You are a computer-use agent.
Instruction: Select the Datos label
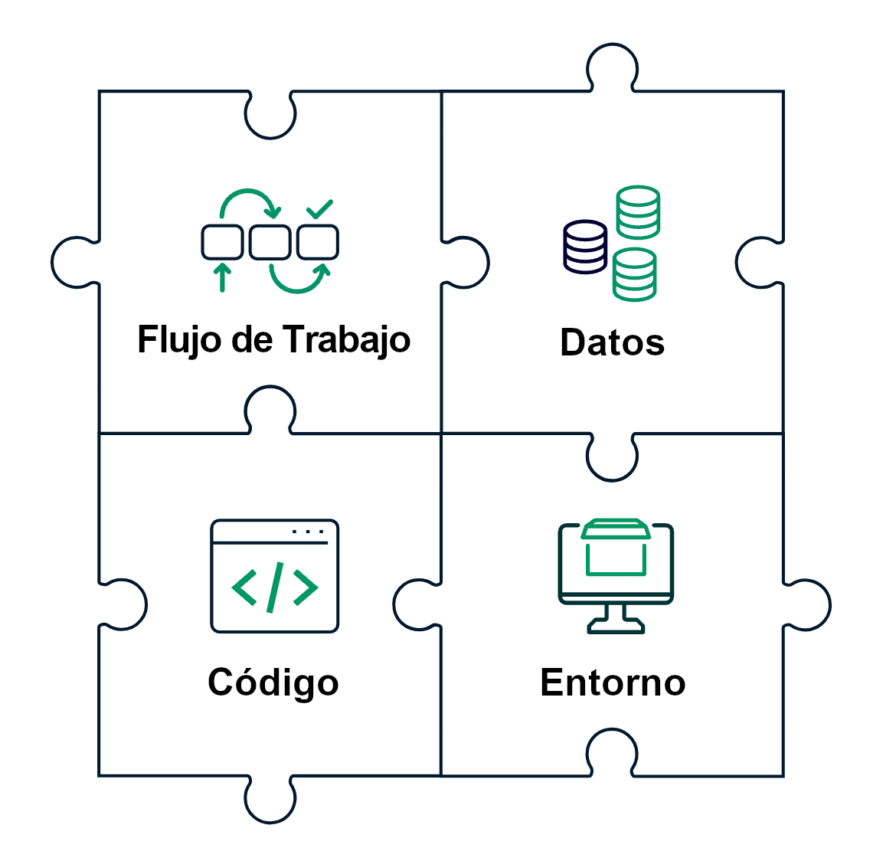pyautogui.click(x=612, y=342)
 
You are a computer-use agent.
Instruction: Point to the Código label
pyautogui.click(x=273, y=683)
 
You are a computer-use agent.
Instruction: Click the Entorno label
pyautogui.click(x=613, y=683)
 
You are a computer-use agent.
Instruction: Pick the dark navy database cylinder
pyautogui.click(x=586, y=246)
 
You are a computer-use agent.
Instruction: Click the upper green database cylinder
pyautogui.click(x=639, y=211)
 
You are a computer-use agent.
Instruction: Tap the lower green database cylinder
pyautogui.click(x=634, y=274)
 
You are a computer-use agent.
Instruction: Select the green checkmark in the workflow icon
pyautogui.click(x=319, y=208)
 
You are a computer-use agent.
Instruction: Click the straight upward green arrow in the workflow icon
pyautogui.click(x=222, y=277)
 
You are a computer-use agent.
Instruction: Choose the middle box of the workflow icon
pyautogui.click(x=270, y=242)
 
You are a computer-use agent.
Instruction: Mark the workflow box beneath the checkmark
pyautogui.click(x=318, y=242)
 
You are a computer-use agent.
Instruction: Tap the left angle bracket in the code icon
pyautogui.click(x=244, y=588)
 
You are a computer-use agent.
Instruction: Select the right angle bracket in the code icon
pyautogui.click(x=305, y=588)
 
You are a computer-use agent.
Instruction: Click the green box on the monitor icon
pyautogui.click(x=616, y=548)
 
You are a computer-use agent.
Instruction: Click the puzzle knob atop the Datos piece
pyautogui.click(x=612, y=66)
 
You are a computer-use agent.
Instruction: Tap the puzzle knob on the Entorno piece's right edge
pyautogui.click(x=808, y=604)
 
